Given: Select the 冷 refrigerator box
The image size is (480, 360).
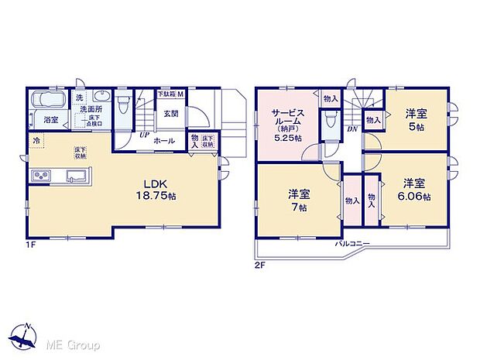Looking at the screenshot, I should click(37, 141).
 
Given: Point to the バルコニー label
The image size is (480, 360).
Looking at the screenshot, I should click(351, 244).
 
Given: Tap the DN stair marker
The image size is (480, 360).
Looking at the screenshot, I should click(351, 130).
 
